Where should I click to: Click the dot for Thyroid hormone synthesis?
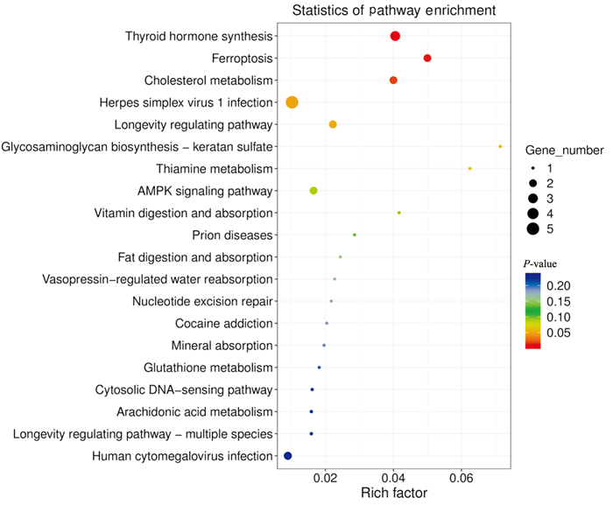pyautogui.click(x=395, y=36)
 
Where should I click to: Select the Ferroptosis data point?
pyautogui.click(x=427, y=58)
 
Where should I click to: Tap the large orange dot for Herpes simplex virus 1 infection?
pyautogui.click(x=292, y=102)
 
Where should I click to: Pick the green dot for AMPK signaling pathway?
pyautogui.click(x=314, y=191)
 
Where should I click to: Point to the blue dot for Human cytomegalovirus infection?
pyautogui.click(x=288, y=456)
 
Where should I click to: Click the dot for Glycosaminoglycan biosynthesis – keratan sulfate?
pyautogui.click(x=500, y=146)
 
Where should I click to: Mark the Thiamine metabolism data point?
pyautogui.click(x=470, y=168)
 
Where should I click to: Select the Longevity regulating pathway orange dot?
pyautogui.click(x=333, y=124)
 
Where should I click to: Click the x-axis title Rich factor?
pyautogui.click(x=394, y=494)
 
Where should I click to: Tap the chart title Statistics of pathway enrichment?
pyautogui.click(x=394, y=11)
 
